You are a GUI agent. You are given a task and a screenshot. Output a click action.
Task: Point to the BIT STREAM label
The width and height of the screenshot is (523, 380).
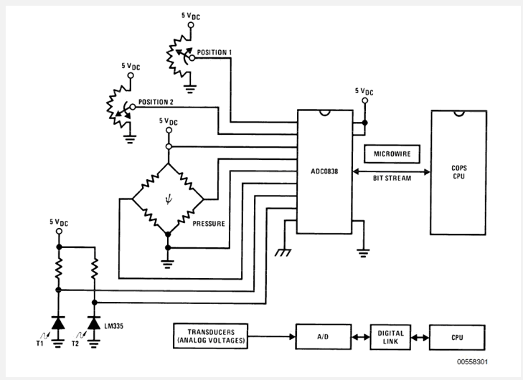391,178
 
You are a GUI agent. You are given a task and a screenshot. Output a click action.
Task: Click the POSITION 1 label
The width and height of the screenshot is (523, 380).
216,52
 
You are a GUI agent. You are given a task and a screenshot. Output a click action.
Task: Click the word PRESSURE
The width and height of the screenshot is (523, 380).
208,224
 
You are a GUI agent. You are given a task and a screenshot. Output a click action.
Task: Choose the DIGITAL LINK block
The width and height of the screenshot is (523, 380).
388,336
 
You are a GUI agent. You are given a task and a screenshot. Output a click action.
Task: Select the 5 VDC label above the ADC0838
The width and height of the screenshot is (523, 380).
364,91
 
